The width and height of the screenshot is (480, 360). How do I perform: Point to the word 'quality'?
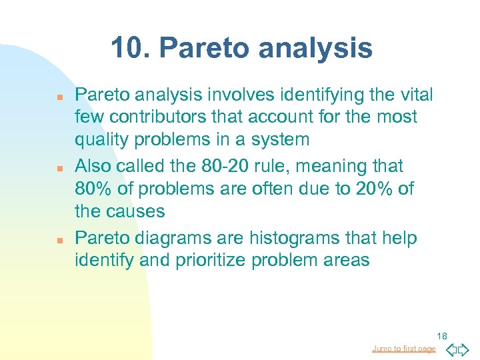(x=99, y=140)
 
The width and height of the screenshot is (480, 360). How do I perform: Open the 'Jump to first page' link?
(x=403, y=349)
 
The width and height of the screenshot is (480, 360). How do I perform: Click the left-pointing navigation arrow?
(x=451, y=349)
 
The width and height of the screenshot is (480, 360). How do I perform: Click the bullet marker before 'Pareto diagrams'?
(x=59, y=239)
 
